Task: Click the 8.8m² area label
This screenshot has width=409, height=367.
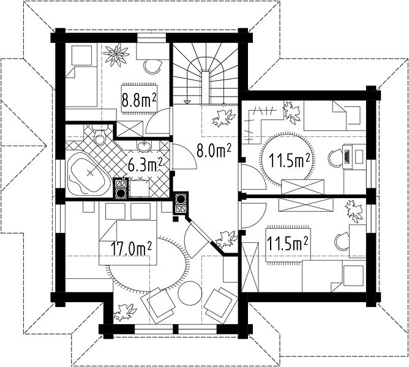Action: coord(139,100)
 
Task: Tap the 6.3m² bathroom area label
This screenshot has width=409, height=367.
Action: coord(145,165)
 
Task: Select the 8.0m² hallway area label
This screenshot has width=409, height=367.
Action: coord(214,150)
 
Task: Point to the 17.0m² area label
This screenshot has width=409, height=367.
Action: coord(131,249)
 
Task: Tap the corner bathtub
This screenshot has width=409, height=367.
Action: coord(88,173)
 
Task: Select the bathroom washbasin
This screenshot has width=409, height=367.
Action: coord(144,146)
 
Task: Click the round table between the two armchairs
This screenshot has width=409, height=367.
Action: coord(190,293)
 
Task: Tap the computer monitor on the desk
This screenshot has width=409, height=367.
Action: coord(347,157)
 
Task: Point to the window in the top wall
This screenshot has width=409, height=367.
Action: coord(152,38)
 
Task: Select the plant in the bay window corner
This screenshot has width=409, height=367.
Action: coord(126,312)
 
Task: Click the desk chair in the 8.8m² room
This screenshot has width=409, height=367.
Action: coord(152,67)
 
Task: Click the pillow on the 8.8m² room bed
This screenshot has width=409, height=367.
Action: coord(81,56)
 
